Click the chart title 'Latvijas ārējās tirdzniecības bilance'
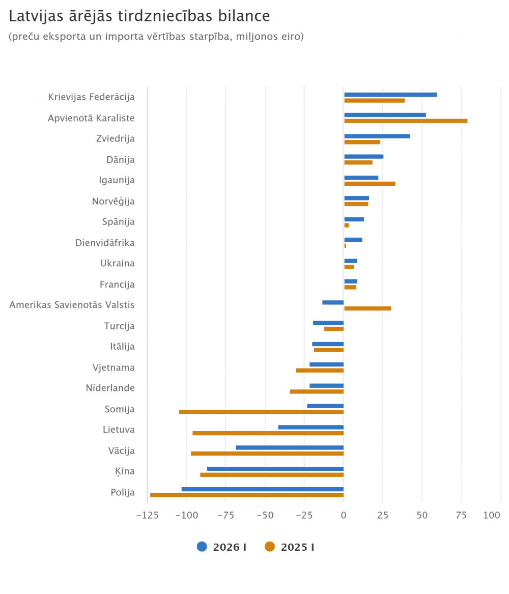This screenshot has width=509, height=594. (x=139, y=16)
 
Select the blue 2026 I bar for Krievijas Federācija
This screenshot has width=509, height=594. (x=390, y=95)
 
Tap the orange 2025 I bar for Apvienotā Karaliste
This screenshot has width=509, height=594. (x=406, y=121)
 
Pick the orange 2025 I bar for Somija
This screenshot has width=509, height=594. (x=261, y=412)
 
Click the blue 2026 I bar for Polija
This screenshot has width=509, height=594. (x=263, y=489)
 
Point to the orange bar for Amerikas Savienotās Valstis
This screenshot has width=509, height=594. (x=367, y=308)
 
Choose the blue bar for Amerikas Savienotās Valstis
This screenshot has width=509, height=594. (x=333, y=302)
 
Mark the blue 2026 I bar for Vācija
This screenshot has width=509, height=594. (x=290, y=447)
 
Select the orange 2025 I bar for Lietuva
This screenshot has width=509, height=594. (x=268, y=433)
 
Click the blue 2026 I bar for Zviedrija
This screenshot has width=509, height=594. (x=377, y=136)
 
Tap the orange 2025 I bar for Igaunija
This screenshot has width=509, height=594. (x=370, y=184)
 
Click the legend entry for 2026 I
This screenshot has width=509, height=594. (x=222, y=547)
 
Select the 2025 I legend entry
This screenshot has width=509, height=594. (x=290, y=547)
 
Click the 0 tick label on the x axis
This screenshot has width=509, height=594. (x=344, y=516)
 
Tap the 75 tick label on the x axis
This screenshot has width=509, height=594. (x=461, y=516)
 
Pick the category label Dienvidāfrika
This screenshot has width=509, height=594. (x=105, y=243)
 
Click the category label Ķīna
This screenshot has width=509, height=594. (x=125, y=471)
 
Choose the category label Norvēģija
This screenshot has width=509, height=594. (x=113, y=202)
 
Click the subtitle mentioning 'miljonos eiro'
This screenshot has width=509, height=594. (x=156, y=37)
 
